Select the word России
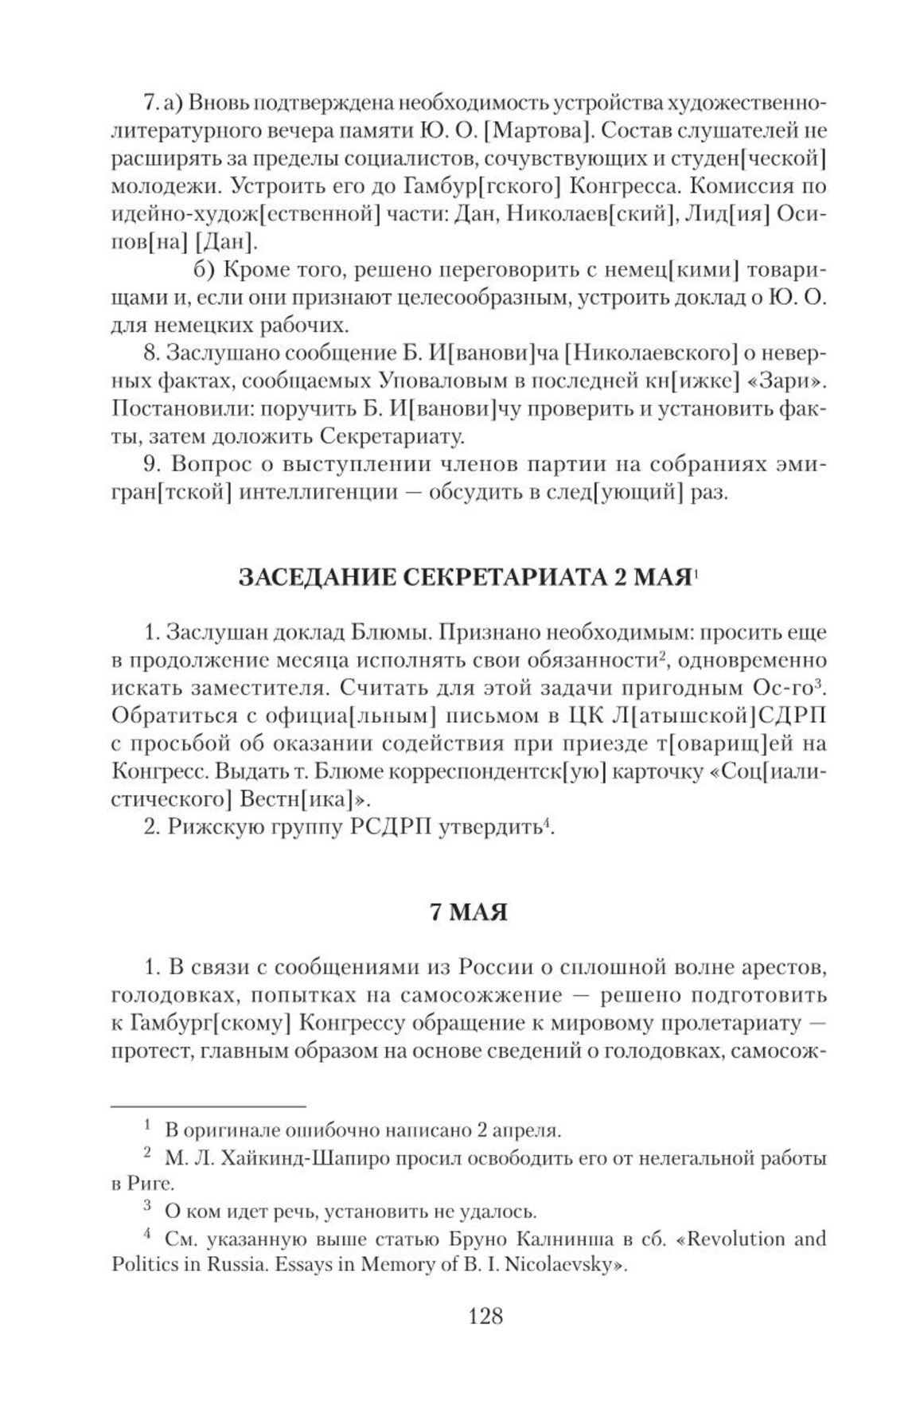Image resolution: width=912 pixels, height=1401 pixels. click(496, 967)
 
